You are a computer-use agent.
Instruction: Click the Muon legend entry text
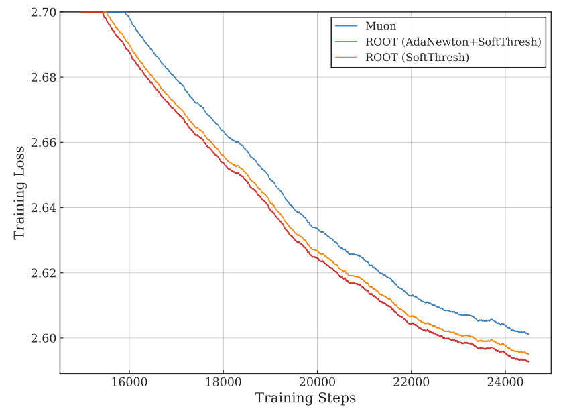(x=381, y=27)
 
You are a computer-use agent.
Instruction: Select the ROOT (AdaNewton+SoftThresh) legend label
(x=453, y=42)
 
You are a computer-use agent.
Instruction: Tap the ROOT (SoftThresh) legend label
(x=417, y=58)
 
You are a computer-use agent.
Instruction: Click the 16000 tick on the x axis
(x=129, y=382)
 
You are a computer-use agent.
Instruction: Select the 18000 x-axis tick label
(x=223, y=382)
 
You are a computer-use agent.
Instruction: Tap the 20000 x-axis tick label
(x=317, y=382)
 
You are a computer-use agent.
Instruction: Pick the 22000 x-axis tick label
(x=411, y=382)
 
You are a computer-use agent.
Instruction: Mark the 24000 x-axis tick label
(x=505, y=382)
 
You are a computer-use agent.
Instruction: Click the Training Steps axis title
(x=305, y=398)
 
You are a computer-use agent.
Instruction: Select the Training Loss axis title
(x=19, y=192)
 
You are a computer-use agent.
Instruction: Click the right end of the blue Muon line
(x=529, y=333)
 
